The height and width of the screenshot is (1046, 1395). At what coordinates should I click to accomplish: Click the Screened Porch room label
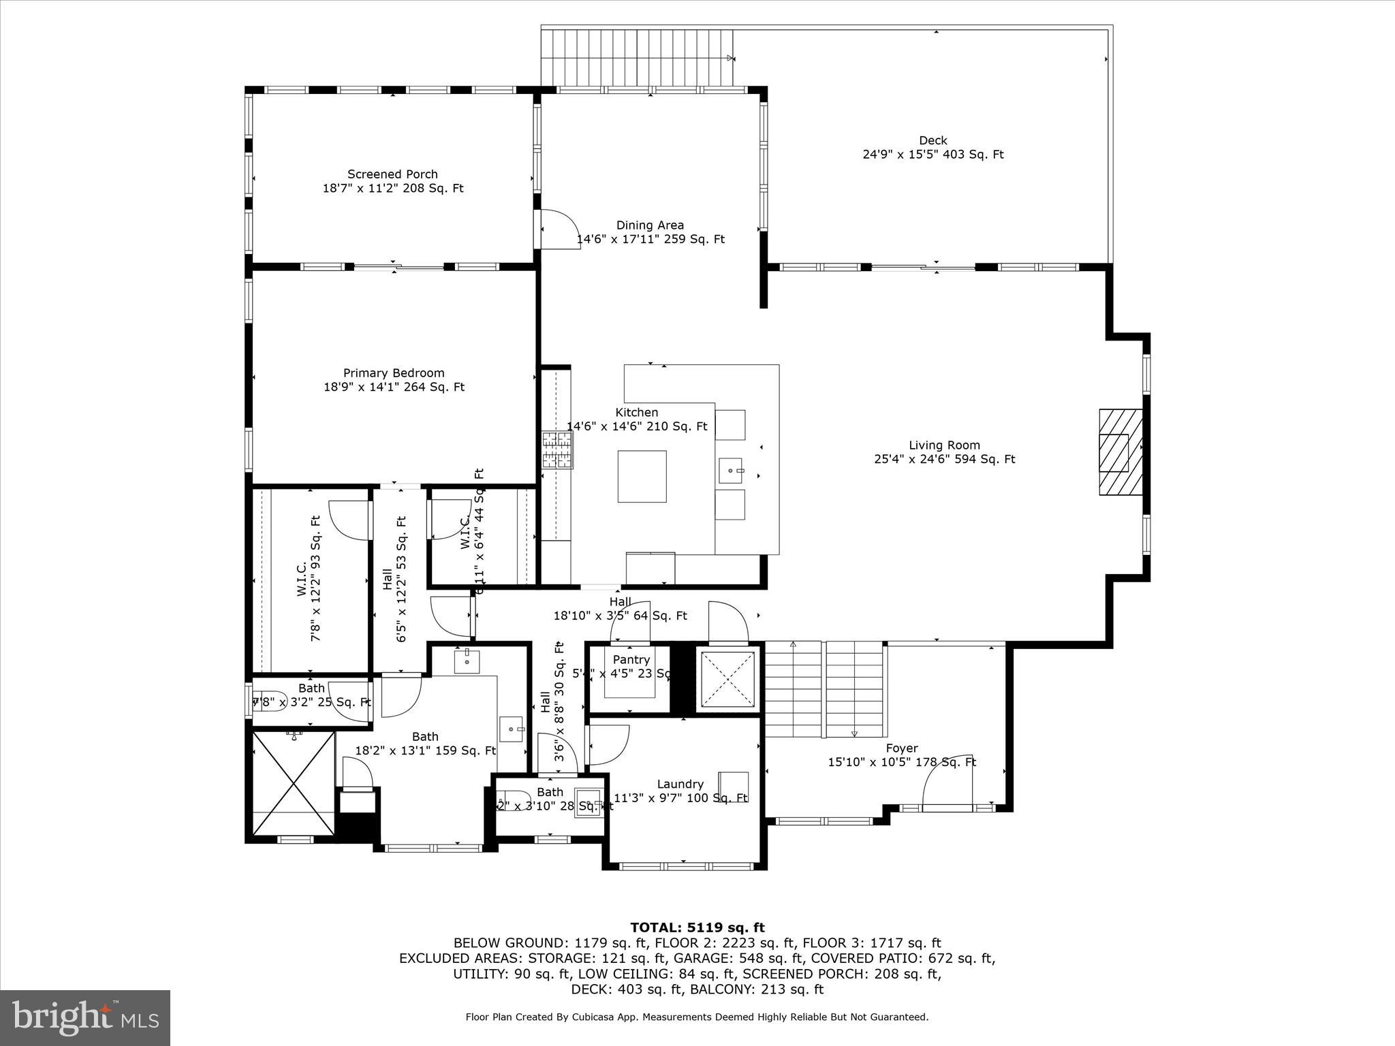tap(392, 174)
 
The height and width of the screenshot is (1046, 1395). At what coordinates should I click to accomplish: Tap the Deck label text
tap(932, 141)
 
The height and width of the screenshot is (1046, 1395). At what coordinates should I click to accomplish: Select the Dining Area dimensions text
tap(650, 240)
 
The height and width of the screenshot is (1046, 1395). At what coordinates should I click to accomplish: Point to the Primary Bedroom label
tap(394, 373)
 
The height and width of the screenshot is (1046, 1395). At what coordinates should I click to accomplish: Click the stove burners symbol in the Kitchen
tap(558, 450)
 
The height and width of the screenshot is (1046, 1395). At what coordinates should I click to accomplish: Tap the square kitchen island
tap(642, 476)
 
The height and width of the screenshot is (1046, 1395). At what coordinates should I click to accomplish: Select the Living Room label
tap(944, 445)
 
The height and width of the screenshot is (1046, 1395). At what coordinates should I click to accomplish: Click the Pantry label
tap(631, 660)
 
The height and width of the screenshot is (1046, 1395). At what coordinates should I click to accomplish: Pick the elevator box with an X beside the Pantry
tap(727, 679)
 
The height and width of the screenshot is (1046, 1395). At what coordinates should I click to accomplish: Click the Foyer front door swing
tap(947, 781)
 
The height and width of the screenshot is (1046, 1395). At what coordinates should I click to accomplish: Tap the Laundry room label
tap(680, 784)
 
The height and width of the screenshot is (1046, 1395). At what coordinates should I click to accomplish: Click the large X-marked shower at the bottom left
tap(293, 782)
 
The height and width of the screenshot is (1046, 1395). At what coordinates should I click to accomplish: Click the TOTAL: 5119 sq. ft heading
tap(697, 928)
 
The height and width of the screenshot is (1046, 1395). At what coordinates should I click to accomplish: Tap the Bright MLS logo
tap(85, 1018)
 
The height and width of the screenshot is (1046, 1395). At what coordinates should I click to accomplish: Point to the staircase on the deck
tap(637, 59)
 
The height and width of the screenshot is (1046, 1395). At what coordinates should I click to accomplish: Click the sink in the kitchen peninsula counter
tap(732, 470)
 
